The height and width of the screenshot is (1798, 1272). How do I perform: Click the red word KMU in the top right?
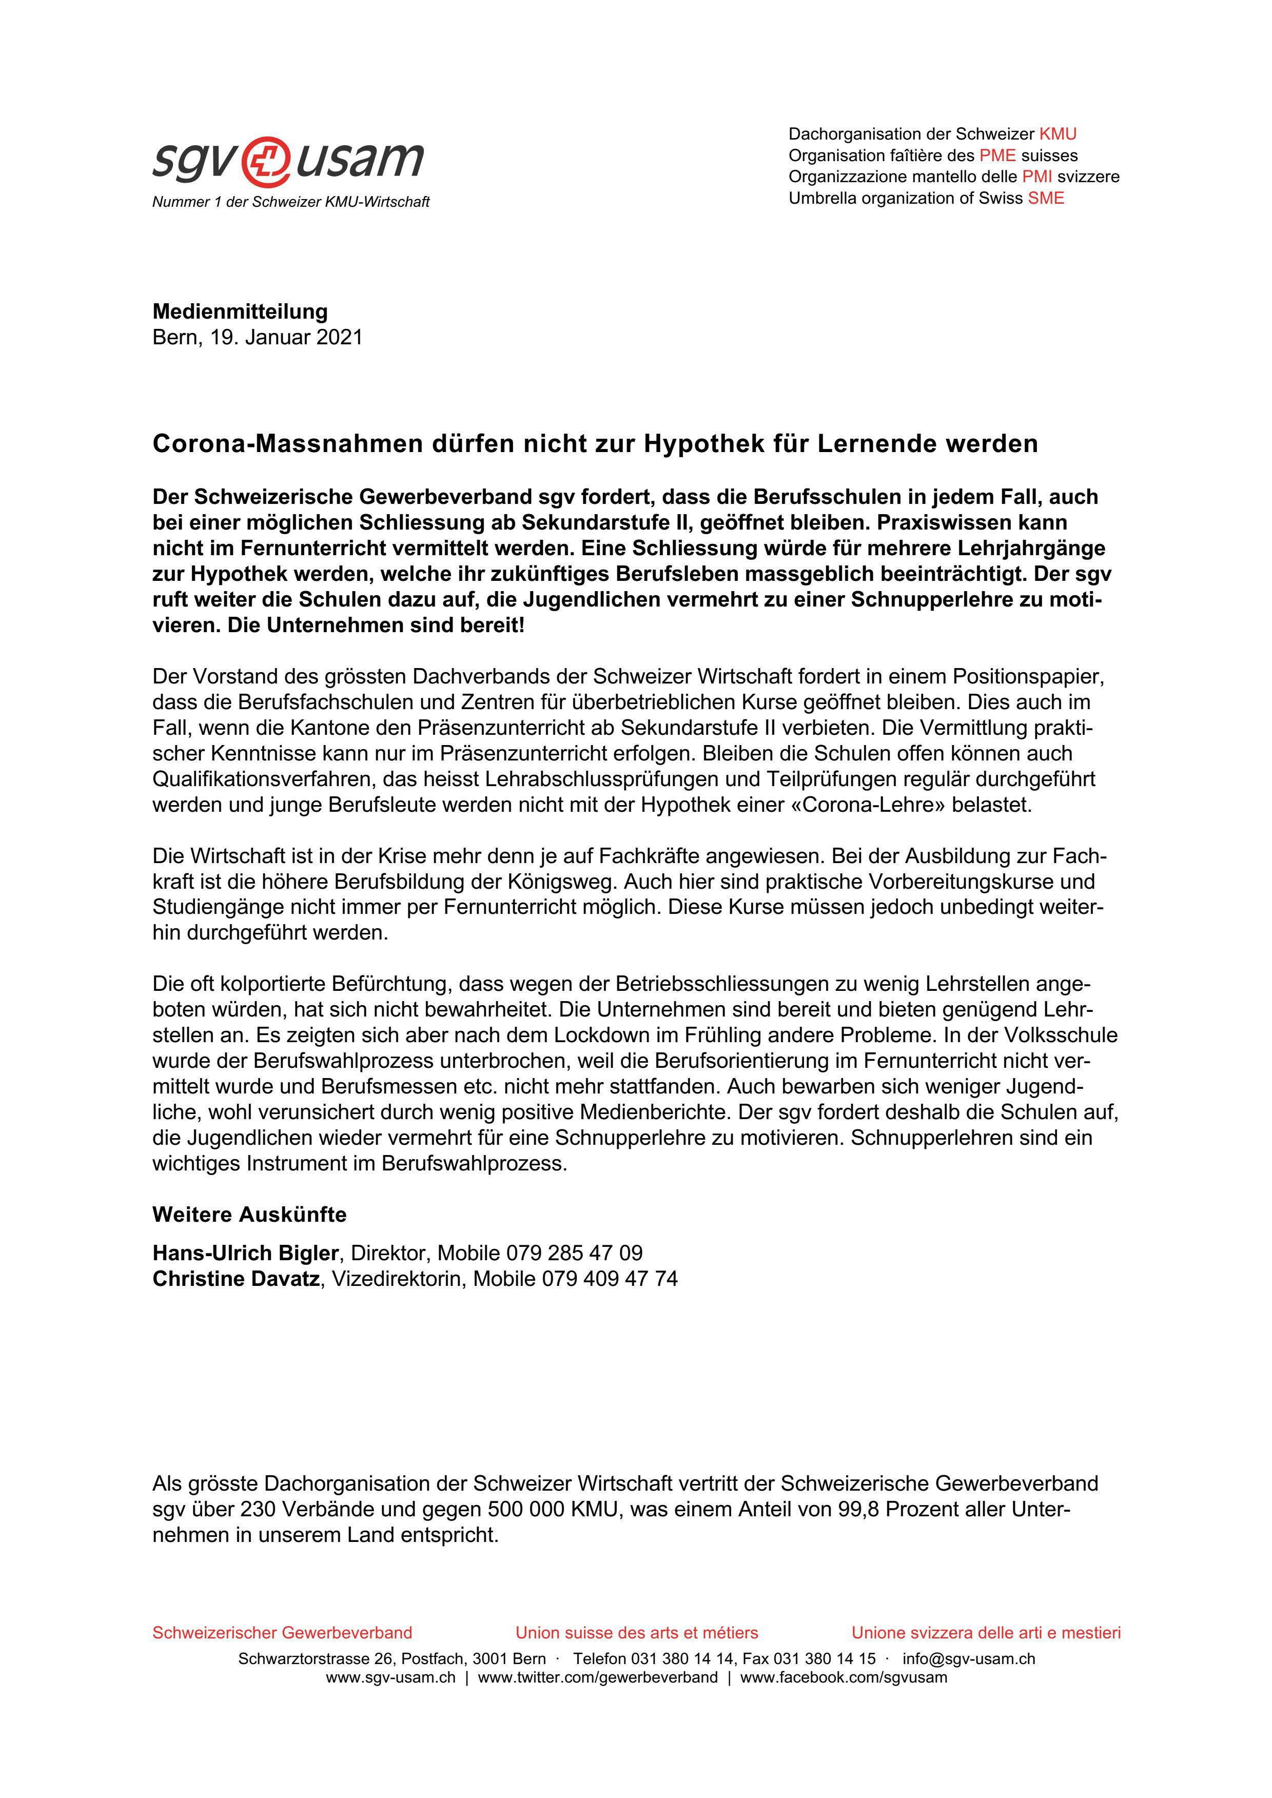pyautogui.click(x=1058, y=134)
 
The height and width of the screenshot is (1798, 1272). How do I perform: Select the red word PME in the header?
pyautogui.click(x=997, y=155)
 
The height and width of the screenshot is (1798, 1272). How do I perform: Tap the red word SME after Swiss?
pyautogui.click(x=1046, y=198)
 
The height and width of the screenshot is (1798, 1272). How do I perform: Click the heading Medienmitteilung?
pyautogui.click(x=240, y=311)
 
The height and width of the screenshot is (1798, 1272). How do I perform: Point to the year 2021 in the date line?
pyautogui.click(x=339, y=338)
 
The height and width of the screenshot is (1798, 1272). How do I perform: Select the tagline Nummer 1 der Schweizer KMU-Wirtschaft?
pyautogui.click(x=290, y=202)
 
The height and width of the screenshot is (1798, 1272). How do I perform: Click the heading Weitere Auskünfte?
pyautogui.click(x=249, y=1215)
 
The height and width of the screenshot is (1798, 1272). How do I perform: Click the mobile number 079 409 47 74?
pyautogui.click(x=610, y=1279)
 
